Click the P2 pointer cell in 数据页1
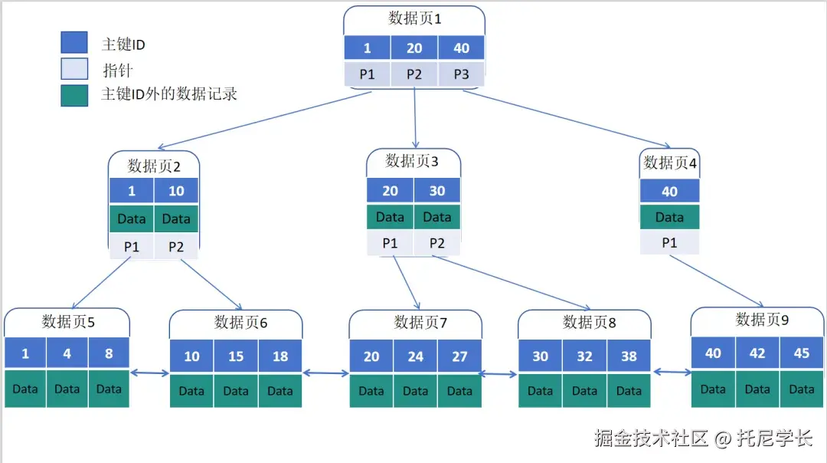(x=414, y=74)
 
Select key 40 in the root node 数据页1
(x=461, y=48)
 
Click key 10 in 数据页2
(x=176, y=192)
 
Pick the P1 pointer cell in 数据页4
(x=669, y=242)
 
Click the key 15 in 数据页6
(x=236, y=356)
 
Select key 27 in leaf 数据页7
(x=459, y=356)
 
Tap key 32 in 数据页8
(x=584, y=356)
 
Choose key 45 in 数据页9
(x=802, y=353)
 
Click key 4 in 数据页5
(x=67, y=354)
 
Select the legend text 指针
(x=117, y=71)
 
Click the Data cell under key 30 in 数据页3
(x=436, y=217)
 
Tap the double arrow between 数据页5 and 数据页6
(x=149, y=373)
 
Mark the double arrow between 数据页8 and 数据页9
(x=672, y=373)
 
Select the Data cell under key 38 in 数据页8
(x=629, y=391)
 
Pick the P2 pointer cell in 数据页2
(x=176, y=246)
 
